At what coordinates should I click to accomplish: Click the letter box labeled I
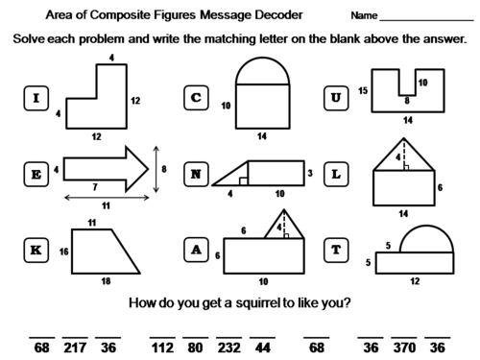36,98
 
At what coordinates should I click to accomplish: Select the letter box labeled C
197,98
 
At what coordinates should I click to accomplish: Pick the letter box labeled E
36,173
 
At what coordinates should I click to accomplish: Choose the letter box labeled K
36,250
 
